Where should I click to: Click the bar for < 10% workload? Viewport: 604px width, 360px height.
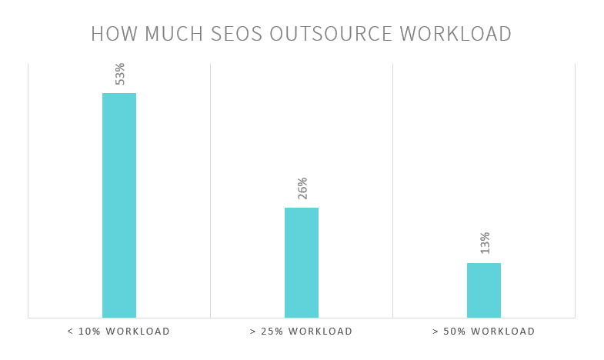pyautogui.click(x=119, y=205)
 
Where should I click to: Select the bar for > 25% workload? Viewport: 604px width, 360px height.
pyautogui.click(x=302, y=262)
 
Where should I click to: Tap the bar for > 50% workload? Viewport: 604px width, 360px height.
pyautogui.click(x=484, y=290)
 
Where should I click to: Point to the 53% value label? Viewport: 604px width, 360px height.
pyautogui.click(x=120, y=74)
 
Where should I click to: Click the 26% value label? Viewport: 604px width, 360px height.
pyautogui.click(x=302, y=188)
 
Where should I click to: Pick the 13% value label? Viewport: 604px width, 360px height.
pyautogui.click(x=485, y=243)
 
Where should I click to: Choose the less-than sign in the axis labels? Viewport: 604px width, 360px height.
pyautogui.click(x=71, y=332)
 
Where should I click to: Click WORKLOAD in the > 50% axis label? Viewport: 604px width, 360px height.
pyautogui.click(x=505, y=332)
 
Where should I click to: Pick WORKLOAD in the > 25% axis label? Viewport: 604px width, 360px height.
pyautogui.click(x=322, y=332)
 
